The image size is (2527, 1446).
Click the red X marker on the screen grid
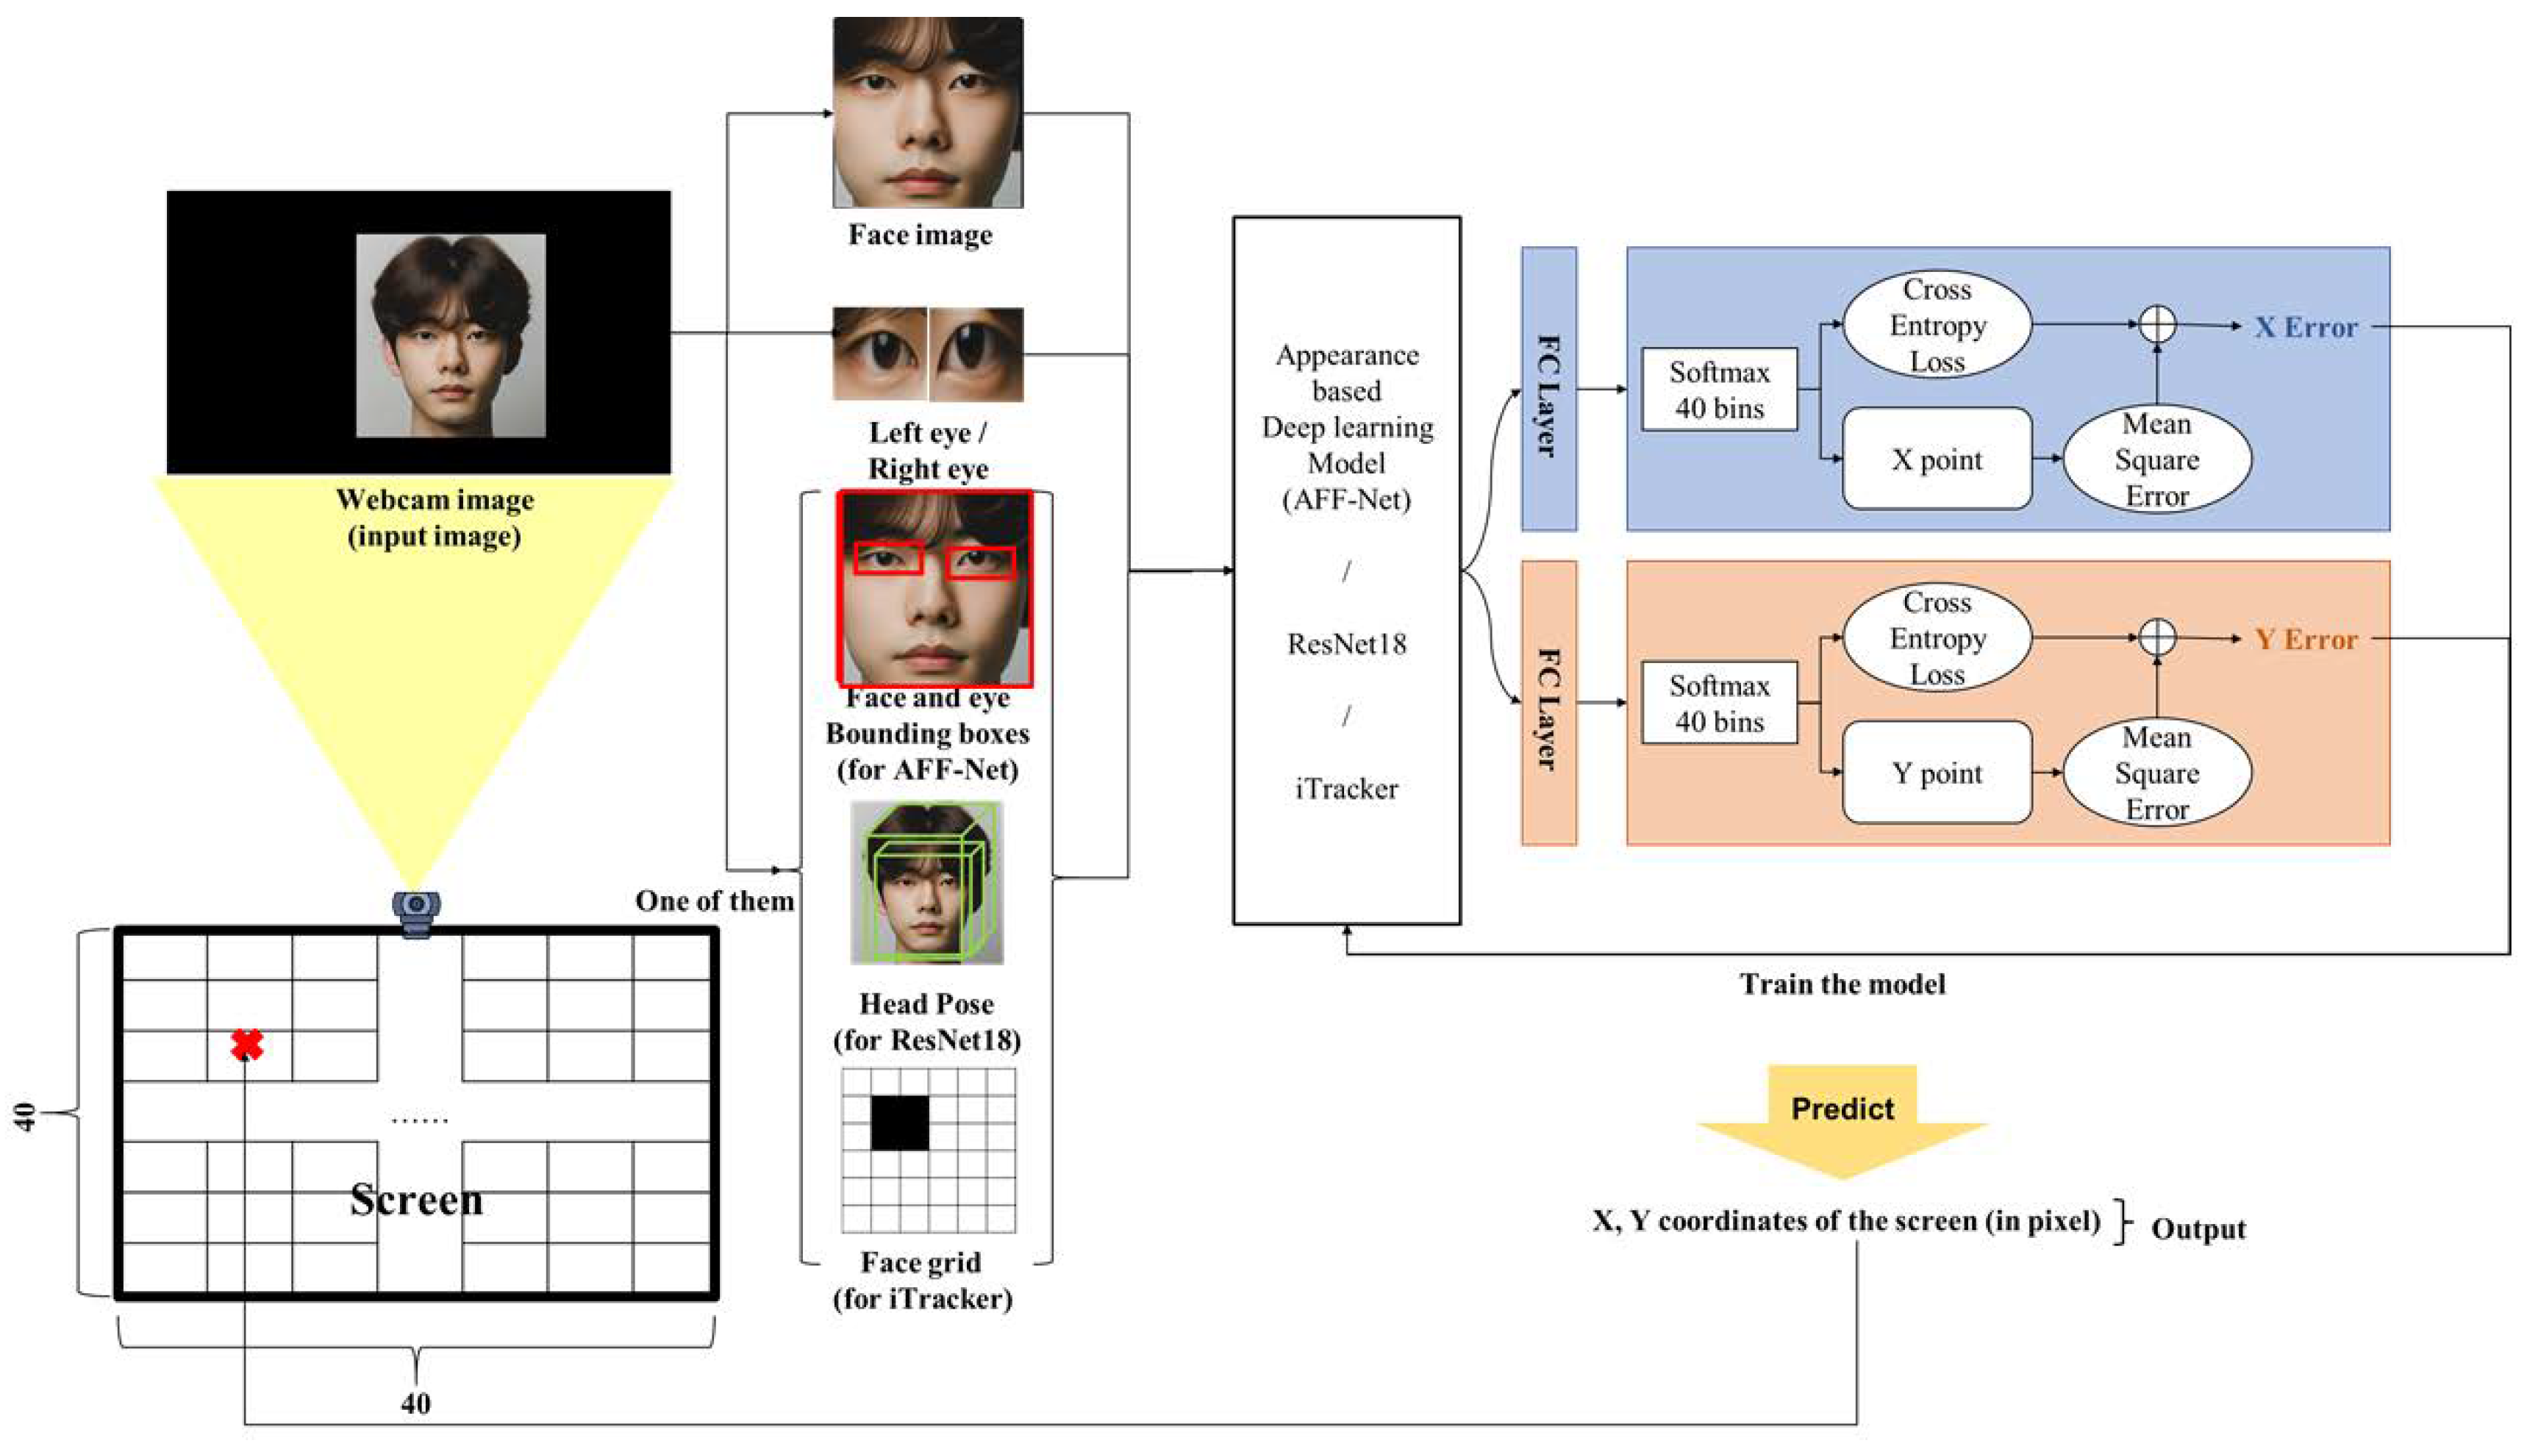(x=246, y=1044)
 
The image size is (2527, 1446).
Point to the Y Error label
(x=2304, y=639)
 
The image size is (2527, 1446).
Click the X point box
(x=1936, y=459)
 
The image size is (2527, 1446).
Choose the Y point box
(x=1936, y=773)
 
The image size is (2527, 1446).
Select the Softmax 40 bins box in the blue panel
(x=1720, y=390)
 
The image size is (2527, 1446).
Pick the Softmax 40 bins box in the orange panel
(x=1720, y=703)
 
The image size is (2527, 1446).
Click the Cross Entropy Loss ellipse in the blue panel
(x=1937, y=325)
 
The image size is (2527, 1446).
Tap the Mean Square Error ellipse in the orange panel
(x=2156, y=773)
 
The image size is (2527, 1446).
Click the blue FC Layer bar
(x=1548, y=390)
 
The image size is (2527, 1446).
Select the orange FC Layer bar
(x=1548, y=703)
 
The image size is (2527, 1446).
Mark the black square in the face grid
(x=900, y=1123)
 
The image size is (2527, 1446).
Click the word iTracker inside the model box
(x=1346, y=789)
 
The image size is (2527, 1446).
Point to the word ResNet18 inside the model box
(x=1346, y=643)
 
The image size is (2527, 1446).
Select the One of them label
(x=714, y=901)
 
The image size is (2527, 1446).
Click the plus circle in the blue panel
(x=2156, y=323)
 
